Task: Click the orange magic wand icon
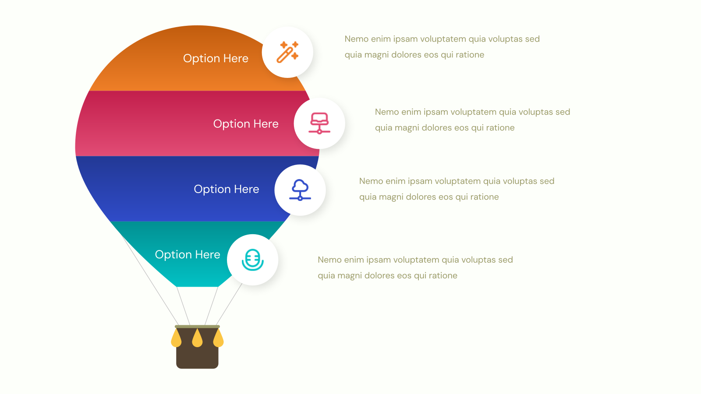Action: [287, 52]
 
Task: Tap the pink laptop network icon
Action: [319, 123]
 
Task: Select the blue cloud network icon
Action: [300, 190]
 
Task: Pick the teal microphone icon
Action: [252, 260]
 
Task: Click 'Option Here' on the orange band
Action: [216, 59]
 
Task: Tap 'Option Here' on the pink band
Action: [246, 124]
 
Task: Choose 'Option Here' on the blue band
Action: [226, 189]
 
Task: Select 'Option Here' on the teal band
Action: [188, 254]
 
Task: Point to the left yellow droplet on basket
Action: [176, 339]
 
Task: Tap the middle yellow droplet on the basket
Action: [197, 338]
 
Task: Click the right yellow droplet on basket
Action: [219, 339]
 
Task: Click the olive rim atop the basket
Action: [197, 327]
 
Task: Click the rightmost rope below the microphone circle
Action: [229, 304]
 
